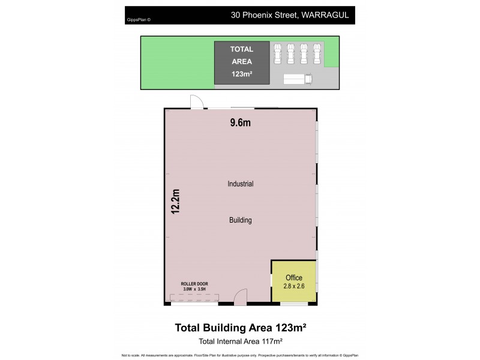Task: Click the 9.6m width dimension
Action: [x=240, y=123]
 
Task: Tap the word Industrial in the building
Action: [x=240, y=184]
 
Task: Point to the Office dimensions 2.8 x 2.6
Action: [x=293, y=287]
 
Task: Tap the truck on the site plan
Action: [x=298, y=79]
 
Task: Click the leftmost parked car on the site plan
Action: [x=277, y=53]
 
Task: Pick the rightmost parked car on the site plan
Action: [x=317, y=53]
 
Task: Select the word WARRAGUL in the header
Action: [x=325, y=14]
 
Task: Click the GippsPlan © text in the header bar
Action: [x=139, y=20]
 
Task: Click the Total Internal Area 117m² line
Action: [x=240, y=341]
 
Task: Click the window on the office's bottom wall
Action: [x=293, y=304]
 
